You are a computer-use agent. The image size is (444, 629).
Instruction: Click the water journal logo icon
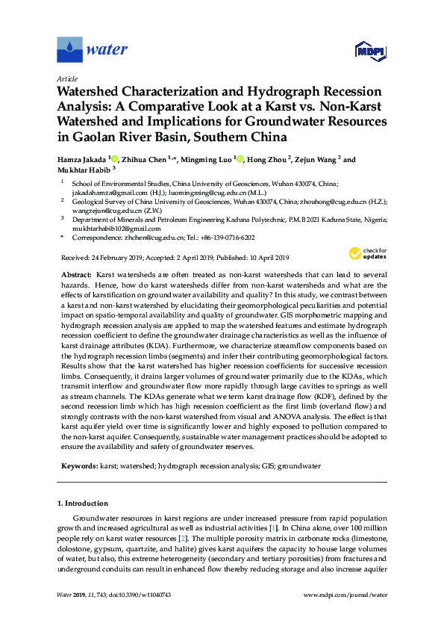(x=69, y=50)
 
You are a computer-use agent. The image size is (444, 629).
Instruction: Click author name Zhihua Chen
(x=144, y=159)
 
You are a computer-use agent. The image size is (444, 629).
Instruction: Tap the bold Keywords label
(x=78, y=465)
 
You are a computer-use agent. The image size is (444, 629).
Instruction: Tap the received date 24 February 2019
(x=114, y=258)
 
